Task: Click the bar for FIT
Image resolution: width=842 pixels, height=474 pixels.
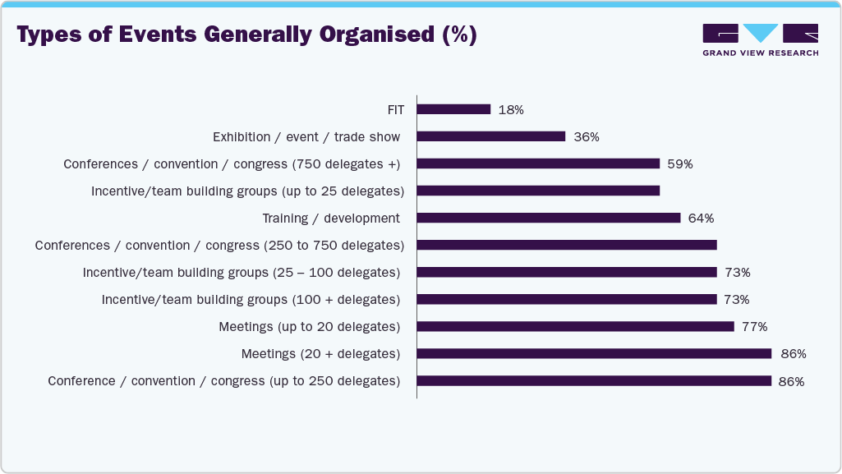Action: tap(453, 109)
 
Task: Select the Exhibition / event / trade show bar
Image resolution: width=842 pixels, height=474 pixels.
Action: tap(491, 136)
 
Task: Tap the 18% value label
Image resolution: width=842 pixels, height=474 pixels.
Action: tap(511, 109)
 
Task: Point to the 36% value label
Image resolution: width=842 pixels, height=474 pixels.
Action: tap(586, 136)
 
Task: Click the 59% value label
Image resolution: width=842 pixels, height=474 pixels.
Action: tap(680, 163)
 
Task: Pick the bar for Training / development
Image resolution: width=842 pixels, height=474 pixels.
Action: tap(549, 218)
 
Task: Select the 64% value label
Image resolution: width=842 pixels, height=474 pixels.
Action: tap(701, 218)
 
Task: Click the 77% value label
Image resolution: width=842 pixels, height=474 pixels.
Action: tap(754, 326)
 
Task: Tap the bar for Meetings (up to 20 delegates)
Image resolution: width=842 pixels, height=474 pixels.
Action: tap(575, 326)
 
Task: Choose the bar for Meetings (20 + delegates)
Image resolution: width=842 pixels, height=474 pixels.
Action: tap(594, 354)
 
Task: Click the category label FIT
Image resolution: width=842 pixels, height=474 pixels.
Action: tap(396, 109)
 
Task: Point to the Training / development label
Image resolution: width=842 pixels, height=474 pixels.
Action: tap(331, 218)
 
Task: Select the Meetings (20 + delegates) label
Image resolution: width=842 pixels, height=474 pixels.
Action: tap(320, 354)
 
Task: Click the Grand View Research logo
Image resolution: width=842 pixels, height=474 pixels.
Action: tap(760, 39)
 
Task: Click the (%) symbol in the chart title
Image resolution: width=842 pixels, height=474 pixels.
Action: tap(458, 35)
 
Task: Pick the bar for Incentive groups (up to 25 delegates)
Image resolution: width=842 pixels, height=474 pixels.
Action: tap(538, 191)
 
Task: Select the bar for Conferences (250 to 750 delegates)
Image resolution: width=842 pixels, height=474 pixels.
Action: tap(567, 245)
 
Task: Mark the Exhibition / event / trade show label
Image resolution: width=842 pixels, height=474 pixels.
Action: tap(306, 136)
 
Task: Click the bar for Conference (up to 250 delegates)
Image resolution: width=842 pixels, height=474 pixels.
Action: tap(594, 381)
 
